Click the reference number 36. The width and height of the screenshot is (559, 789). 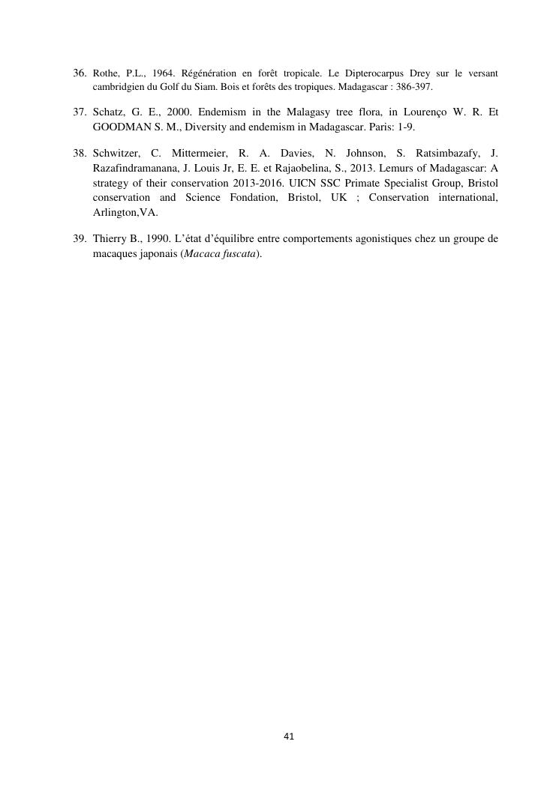tap(80, 73)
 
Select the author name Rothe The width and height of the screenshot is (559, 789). tap(107, 73)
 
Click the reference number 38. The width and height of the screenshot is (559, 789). tap(80, 154)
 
